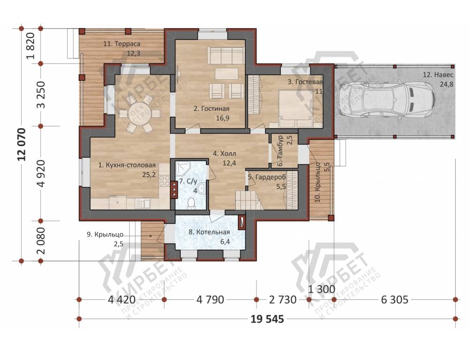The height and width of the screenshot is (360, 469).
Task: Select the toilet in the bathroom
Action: (191, 203)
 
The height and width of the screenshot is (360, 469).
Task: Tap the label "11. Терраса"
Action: (122, 44)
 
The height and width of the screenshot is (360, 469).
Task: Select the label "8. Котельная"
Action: (209, 232)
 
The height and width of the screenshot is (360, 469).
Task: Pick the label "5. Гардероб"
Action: (267, 177)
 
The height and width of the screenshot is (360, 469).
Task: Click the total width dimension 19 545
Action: (267, 319)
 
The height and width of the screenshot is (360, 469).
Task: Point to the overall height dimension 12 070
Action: (23, 145)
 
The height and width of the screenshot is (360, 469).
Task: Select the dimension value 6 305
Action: (394, 299)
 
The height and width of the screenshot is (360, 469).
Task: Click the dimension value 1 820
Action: (31, 46)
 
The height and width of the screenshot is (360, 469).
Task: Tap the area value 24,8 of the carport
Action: (446, 84)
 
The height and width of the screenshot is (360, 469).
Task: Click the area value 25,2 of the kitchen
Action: (149, 175)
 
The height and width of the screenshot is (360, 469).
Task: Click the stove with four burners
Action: (164, 182)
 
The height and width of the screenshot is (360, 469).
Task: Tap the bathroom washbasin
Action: (202, 189)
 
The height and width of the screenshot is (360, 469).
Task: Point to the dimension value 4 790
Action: (210, 299)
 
